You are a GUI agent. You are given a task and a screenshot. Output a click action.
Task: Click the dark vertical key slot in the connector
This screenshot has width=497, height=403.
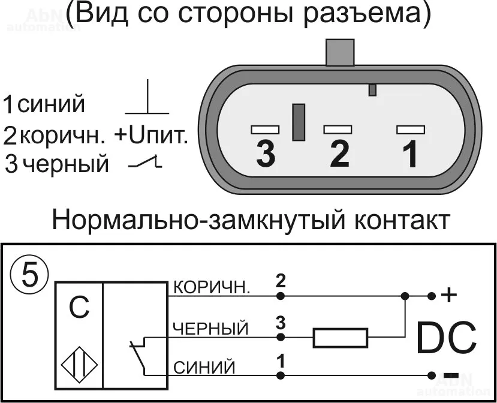[298, 122]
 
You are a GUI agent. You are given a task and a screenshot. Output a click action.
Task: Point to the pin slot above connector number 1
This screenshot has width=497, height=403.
[411, 129]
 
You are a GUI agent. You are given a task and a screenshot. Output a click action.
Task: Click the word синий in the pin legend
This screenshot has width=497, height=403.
[51, 105]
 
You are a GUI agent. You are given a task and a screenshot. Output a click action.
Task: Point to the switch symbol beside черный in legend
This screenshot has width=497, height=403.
[145, 162]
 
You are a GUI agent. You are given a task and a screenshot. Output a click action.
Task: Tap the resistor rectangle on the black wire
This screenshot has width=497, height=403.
[340, 338]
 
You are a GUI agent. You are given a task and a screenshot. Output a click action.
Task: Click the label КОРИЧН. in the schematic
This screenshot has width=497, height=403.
[212, 288]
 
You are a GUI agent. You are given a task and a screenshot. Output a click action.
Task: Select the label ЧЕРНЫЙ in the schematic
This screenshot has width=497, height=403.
[210, 329]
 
